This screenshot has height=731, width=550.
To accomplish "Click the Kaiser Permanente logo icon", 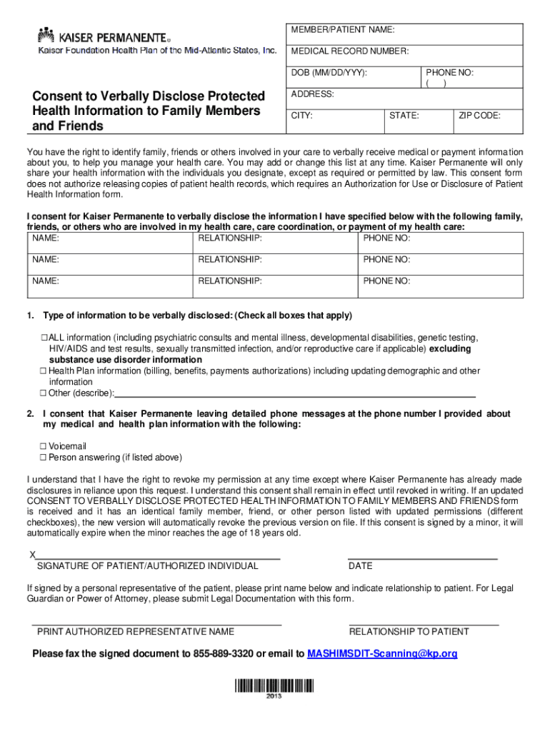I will point(46,34).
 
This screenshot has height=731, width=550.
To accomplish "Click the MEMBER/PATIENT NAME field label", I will point(342,30).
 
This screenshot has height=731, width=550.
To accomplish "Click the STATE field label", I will point(404,116).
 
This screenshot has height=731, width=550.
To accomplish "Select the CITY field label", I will point(301,116).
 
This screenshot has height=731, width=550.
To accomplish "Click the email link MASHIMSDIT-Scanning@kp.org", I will point(381,654).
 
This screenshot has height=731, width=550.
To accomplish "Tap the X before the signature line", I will point(31,555).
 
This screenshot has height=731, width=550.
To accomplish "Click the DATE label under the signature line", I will point(360,566).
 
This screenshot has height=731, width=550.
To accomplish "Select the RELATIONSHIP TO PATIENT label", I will point(409,632).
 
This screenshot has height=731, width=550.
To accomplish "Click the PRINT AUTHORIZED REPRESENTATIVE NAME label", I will point(135,632).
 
